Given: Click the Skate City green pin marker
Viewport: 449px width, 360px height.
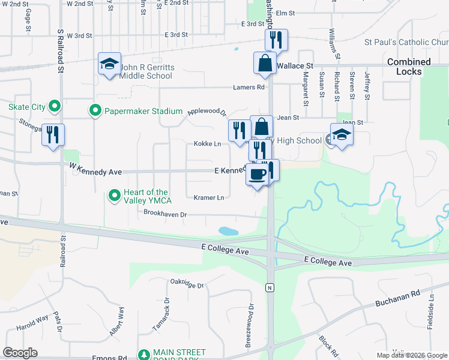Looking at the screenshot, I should click(55, 107).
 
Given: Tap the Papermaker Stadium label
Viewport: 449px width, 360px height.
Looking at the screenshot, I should click(143, 111).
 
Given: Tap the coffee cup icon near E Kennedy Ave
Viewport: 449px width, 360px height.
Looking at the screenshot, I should click(258, 175).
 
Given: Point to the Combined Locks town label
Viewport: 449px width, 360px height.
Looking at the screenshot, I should click(409, 66).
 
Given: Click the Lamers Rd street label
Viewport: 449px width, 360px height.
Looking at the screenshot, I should click(249, 87).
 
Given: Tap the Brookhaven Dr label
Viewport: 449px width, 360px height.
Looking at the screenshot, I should click(166, 213).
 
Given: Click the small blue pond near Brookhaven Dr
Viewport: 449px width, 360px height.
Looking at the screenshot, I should click(228, 231).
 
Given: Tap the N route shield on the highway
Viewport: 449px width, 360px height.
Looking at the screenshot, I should click(270, 288).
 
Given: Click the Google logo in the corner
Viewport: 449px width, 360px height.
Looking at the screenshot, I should click(20, 353).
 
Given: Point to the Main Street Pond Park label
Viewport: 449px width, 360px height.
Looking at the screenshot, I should click(179, 355).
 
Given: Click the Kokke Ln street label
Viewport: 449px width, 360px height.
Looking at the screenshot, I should click(207, 144).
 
